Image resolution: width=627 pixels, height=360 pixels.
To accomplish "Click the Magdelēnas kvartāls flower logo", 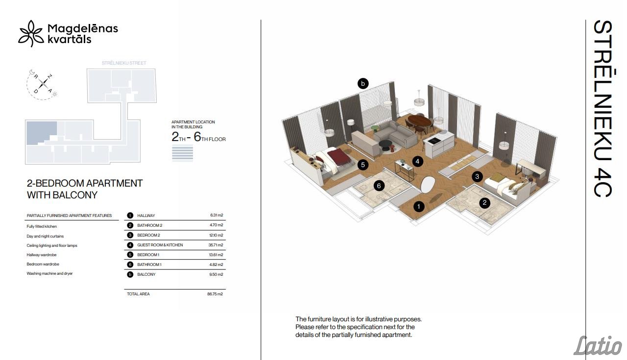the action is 31,34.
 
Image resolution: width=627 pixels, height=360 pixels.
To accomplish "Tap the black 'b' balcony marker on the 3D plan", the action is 363,83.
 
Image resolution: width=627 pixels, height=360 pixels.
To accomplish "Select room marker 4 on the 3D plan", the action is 417,161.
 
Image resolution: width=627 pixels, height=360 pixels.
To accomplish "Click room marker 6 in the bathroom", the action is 379,186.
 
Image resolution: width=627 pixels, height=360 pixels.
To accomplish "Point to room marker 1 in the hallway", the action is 419,207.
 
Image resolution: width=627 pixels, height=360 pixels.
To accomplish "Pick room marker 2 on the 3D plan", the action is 484,203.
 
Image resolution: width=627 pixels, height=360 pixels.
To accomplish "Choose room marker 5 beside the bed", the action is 363,165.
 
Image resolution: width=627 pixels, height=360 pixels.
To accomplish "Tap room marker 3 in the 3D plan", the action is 477,176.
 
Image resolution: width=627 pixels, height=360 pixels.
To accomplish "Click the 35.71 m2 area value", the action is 216,245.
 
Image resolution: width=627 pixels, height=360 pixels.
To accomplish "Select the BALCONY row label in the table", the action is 146,274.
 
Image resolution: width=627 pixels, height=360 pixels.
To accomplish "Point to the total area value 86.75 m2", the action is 215,294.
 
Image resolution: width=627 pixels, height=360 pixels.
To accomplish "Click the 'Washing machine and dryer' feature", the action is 49,273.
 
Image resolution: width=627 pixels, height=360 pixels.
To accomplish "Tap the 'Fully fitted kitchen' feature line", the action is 42,226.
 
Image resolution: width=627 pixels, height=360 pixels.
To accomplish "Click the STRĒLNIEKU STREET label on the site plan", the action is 124,63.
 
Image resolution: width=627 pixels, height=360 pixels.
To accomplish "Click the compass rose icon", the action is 43,84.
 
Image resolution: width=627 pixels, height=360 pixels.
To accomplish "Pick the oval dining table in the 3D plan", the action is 419,121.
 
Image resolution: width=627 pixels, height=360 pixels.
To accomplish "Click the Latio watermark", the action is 598,346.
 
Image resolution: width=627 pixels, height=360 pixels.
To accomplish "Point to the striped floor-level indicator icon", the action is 182,153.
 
